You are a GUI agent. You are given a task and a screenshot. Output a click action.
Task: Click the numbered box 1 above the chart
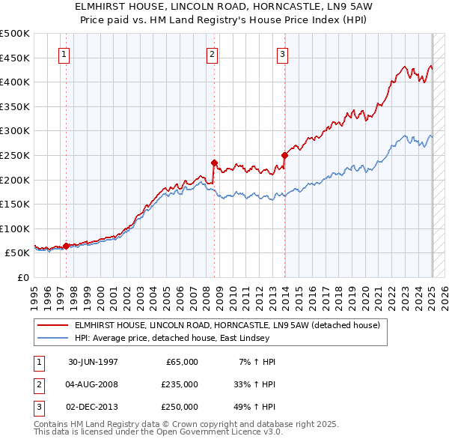coord(64,54)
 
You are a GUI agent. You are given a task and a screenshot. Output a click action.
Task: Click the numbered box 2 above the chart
coord(213,54)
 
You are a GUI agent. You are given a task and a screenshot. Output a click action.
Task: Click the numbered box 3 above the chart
coord(283,54)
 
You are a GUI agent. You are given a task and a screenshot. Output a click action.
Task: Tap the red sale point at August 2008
coord(214,163)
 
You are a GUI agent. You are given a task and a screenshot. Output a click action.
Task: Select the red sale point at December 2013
coord(284,156)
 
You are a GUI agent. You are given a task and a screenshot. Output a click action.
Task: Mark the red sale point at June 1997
coord(66,246)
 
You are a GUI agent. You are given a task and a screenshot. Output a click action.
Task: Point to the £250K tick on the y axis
coord(16,155)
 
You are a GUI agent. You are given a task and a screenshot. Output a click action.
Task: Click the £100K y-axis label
coord(16,228)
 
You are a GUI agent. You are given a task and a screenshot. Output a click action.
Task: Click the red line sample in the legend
coord(53,326)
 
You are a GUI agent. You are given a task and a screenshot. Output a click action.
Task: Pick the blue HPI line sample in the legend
coord(53,339)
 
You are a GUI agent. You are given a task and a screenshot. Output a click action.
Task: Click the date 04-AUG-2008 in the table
coord(93,384)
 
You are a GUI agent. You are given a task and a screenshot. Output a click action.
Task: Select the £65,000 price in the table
coord(180,362)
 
